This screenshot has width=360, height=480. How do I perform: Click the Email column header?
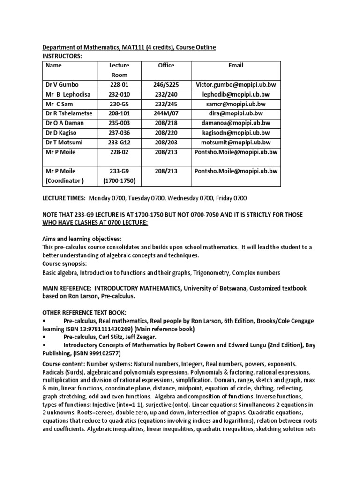[236, 66]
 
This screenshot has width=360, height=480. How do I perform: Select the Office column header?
[166, 66]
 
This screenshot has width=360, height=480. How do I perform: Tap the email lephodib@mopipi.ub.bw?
[236, 95]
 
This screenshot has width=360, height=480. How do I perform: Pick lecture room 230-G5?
[119, 104]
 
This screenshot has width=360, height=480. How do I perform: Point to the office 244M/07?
[166, 113]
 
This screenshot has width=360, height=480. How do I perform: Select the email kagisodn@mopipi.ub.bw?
[236, 133]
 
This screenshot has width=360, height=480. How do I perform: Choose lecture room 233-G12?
[119, 142]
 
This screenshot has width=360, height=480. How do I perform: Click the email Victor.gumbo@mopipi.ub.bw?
[236, 85]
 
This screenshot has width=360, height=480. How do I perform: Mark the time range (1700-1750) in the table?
[119, 180]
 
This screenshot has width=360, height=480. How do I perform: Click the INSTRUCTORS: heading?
[62, 56]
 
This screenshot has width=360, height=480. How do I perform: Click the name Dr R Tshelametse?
[69, 113]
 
